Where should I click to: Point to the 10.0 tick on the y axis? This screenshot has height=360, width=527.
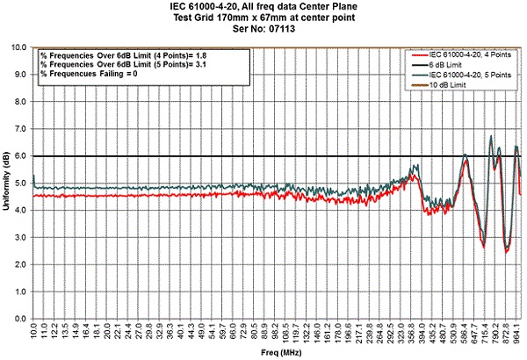(x=22, y=47)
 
